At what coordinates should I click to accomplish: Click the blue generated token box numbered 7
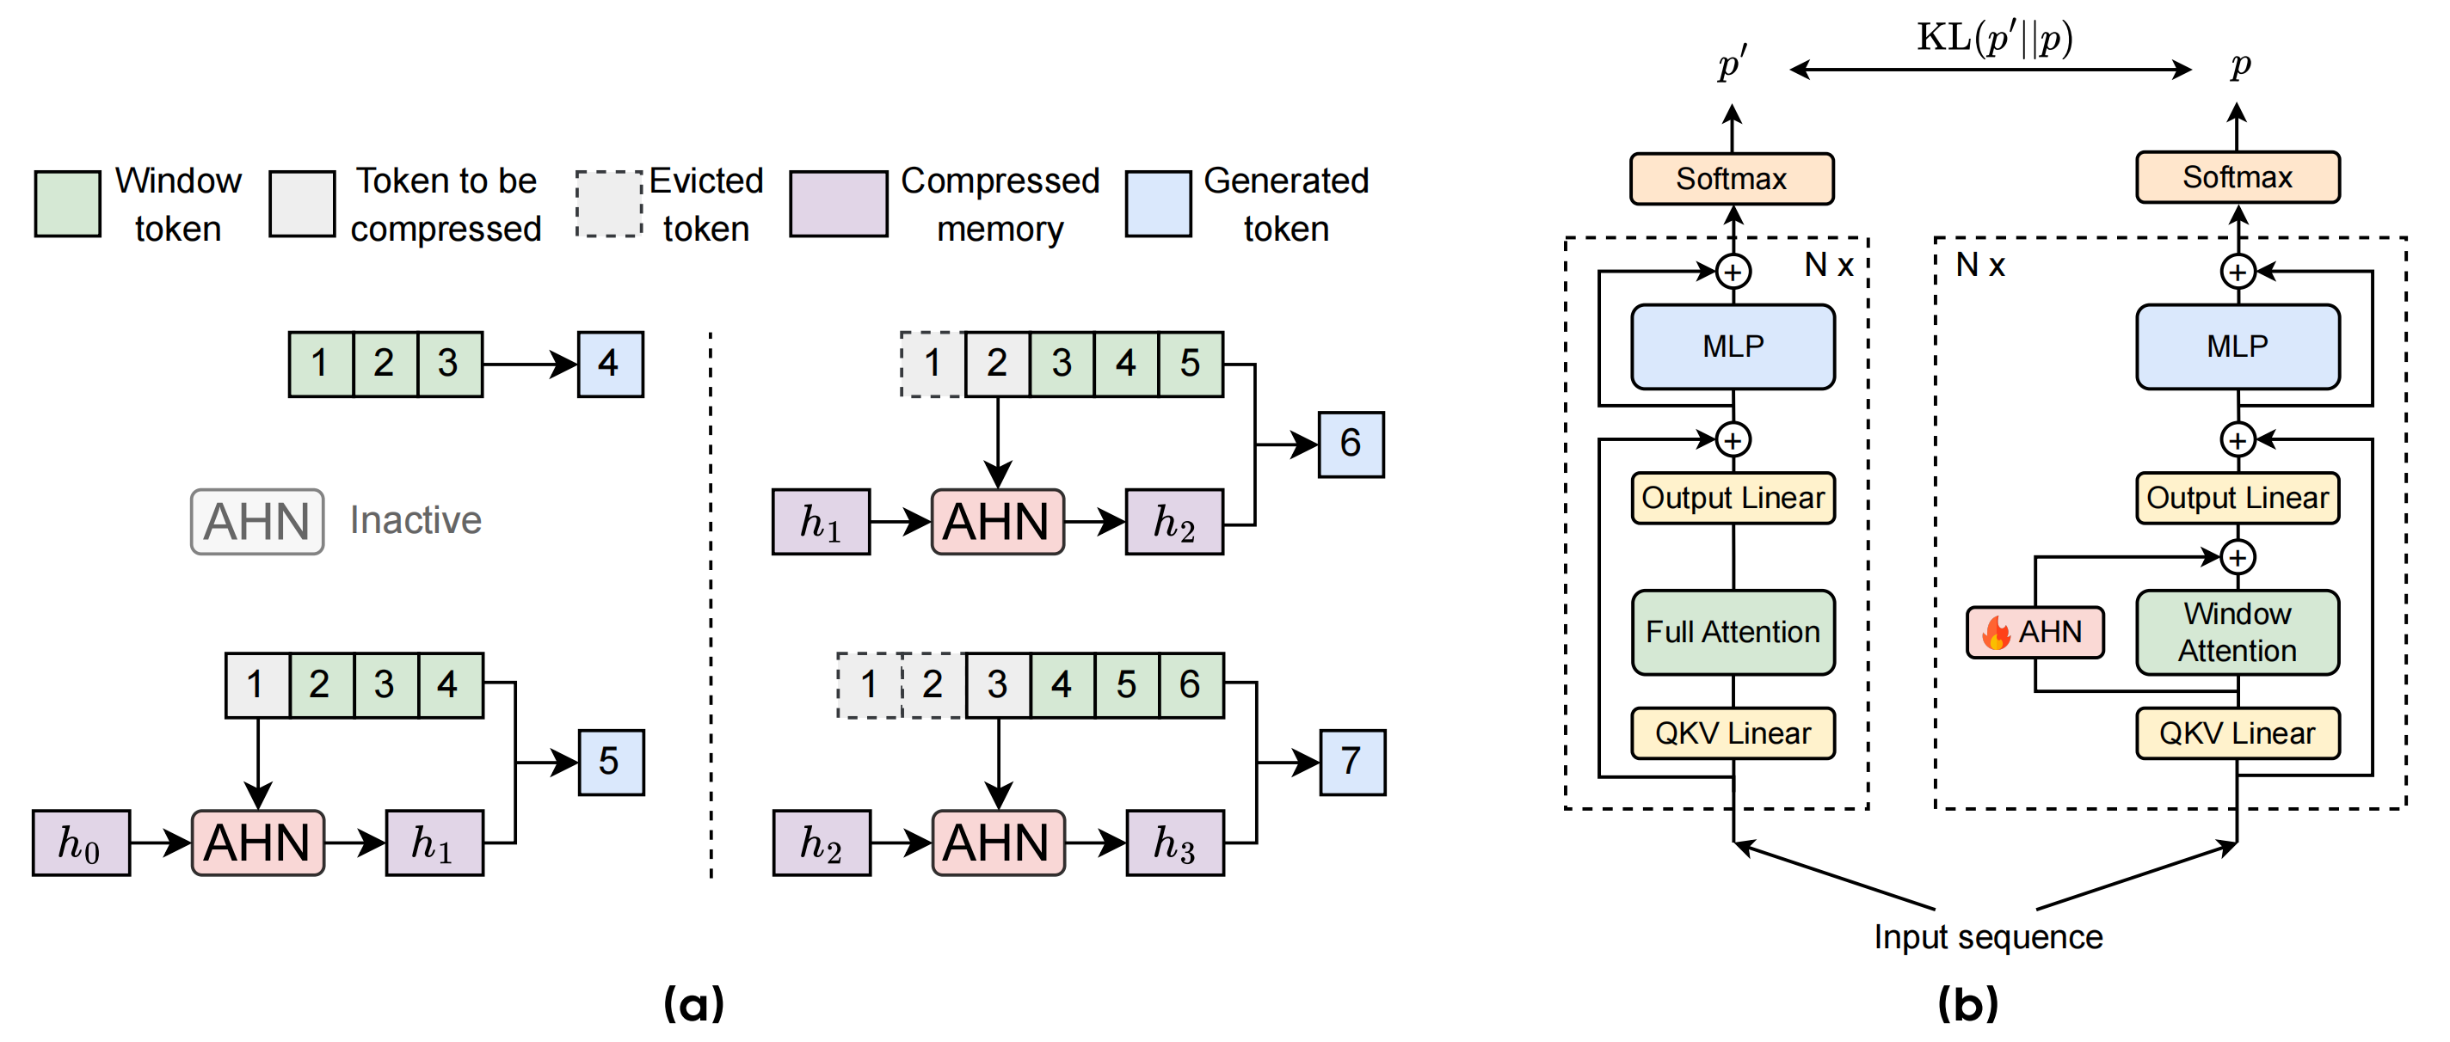[1351, 762]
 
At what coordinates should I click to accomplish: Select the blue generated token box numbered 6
[1351, 444]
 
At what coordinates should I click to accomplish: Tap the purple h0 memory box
[81, 843]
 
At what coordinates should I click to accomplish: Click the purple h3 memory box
[1174, 843]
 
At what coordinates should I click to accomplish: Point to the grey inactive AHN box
[257, 521]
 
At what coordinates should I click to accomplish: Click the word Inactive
[416, 520]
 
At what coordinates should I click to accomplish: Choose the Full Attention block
[1732, 632]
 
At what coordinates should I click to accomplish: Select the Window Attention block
[2237, 632]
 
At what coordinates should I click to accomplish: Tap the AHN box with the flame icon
[2035, 632]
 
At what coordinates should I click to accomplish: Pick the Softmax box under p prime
[1731, 179]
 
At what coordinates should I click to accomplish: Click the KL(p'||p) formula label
[1994, 38]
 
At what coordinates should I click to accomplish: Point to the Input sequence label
[1988, 936]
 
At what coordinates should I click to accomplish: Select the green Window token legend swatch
[67, 204]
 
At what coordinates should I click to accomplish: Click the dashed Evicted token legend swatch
[610, 204]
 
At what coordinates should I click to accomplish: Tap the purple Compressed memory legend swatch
[838, 204]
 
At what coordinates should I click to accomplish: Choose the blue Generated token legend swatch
[1158, 204]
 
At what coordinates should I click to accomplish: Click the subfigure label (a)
[693, 1003]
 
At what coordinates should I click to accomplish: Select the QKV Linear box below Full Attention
[1732, 733]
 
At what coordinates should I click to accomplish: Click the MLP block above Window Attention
[2237, 346]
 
